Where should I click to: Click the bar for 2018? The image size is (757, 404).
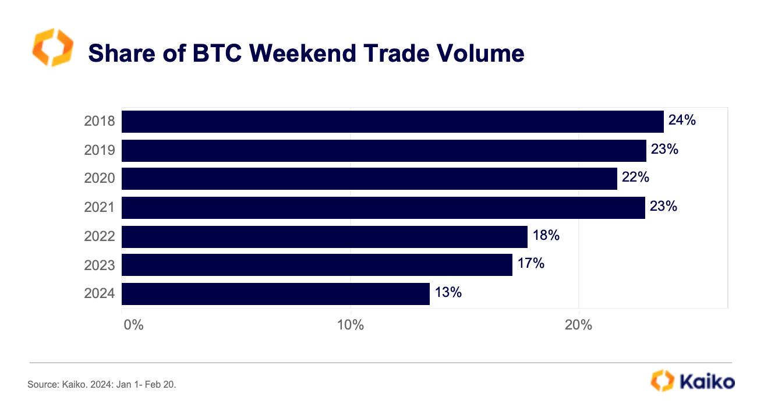coord(392,122)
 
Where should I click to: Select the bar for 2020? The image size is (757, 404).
coord(369,179)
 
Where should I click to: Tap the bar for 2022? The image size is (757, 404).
coord(324,236)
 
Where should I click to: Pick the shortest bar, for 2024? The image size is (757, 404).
coord(275,294)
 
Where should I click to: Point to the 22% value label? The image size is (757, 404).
coord(635,178)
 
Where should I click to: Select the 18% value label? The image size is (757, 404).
coord(546,235)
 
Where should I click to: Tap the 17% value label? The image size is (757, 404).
coord(530,264)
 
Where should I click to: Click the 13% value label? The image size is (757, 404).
coord(448,293)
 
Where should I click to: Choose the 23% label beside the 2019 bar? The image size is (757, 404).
coord(664,150)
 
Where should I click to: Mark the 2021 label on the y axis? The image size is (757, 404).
coord(100,208)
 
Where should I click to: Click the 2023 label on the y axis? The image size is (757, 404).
coord(100,265)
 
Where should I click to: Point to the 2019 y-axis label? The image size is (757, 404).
coord(100,151)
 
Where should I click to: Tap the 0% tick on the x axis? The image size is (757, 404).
coord(134,325)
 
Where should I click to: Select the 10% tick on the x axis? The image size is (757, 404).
coord(351,325)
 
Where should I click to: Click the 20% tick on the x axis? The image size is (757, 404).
coord(579,325)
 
